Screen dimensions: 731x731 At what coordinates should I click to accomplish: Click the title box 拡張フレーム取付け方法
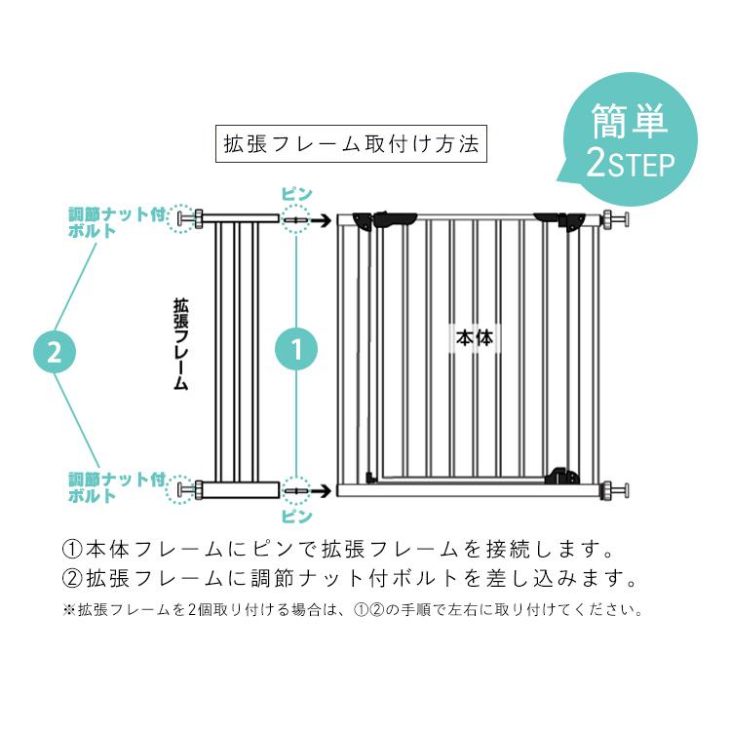(x=350, y=144)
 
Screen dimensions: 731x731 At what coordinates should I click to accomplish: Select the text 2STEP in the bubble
(x=631, y=164)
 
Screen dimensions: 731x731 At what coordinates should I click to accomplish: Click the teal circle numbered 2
(x=55, y=352)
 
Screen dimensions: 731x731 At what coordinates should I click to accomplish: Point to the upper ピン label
(x=296, y=193)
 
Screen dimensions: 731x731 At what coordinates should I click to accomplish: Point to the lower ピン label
(x=296, y=516)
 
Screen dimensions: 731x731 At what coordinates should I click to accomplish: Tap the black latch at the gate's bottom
(x=559, y=476)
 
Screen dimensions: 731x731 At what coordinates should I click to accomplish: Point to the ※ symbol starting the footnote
(x=68, y=611)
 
